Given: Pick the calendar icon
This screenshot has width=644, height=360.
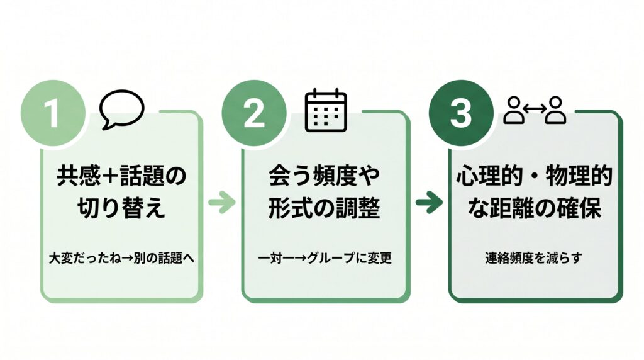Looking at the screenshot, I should coord(326,110).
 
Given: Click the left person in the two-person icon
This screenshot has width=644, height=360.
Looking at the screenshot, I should coord(514,111).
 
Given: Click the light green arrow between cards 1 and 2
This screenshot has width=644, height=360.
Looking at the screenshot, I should coord(221,203).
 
